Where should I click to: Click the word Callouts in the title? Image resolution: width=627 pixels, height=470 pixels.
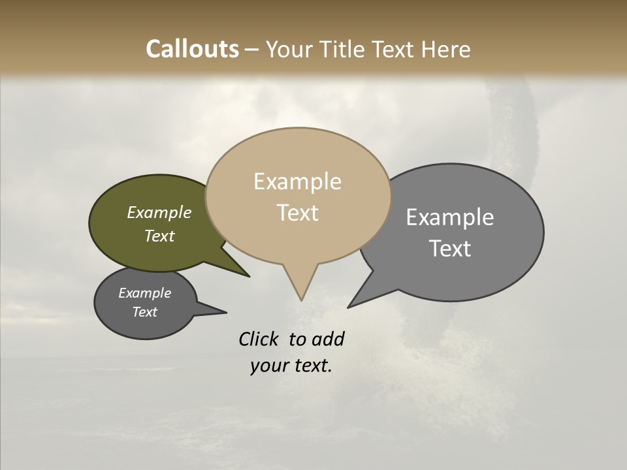pos(192,49)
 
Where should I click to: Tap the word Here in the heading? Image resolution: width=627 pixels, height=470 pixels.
pos(445,50)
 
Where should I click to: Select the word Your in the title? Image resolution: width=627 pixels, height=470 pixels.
pos(291,50)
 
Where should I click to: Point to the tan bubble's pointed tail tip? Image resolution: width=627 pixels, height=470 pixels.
pos(301,299)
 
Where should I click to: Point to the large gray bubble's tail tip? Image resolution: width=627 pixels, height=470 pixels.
pos(349,305)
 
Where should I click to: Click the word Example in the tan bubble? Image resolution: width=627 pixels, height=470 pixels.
pos(298,181)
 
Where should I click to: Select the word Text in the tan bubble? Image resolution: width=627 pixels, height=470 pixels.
pos(298,213)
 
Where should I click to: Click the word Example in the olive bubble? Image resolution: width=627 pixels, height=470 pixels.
pos(159,213)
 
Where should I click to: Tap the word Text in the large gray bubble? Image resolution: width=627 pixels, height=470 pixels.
pos(450,249)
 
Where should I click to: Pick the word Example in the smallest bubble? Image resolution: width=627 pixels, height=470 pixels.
pos(144,293)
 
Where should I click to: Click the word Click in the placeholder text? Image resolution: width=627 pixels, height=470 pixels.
pos(259,339)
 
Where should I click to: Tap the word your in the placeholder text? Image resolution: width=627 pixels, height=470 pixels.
pos(268,366)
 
